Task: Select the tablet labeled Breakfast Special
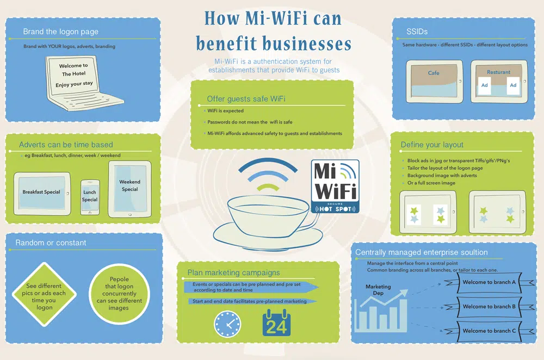click(x=41, y=193)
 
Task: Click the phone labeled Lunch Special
click(x=90, y=196)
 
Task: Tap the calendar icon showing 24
click(x=276, y=322)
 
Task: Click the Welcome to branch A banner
click(x=489, y=282)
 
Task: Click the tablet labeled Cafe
click(x=434, y=80)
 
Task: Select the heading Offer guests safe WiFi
click(x=246, y=99)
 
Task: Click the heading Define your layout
click(x=432, y=145)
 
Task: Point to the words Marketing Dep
click(x=378, y=290)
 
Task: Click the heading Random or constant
click(x=51, y=243)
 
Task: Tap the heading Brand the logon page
click(x=60, y=32)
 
